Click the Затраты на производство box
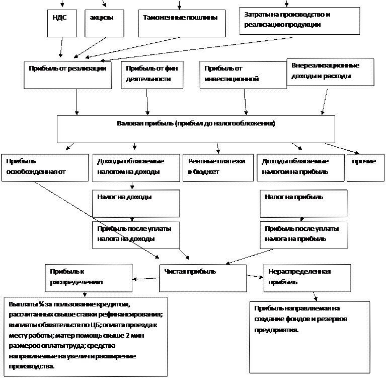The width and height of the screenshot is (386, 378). click(299, 21)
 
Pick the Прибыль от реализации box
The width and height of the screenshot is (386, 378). click(67, 75)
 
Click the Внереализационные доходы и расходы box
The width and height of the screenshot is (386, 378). click(330, 72)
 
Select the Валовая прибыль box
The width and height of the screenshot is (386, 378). click(196, 129)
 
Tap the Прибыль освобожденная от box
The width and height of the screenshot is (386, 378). click(45, 167)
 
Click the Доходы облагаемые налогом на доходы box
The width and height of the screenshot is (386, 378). click(136, 167)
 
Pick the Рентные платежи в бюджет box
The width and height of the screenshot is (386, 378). click(218, 167)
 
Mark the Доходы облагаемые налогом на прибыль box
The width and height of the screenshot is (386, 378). click(301, 167)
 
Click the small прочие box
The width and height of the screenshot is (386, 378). click(365, 167)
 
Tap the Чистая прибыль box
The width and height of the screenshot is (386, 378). click(203, 278)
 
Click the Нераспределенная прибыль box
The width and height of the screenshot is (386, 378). click(308, 278)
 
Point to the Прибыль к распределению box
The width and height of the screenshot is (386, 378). click(89, 278)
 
